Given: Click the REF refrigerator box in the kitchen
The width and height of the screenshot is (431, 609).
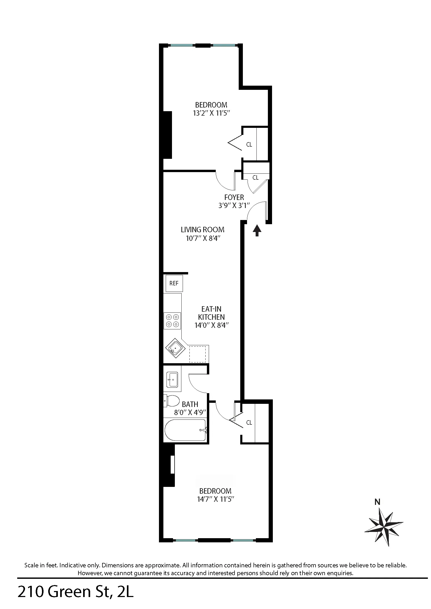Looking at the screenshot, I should click(174, 283).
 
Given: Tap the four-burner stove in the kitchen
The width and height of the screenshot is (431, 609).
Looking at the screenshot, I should click(172, 321).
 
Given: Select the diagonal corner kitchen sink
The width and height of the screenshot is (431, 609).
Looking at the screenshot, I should click(175, 348).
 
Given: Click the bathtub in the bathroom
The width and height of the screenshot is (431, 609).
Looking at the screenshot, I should click(185, 430).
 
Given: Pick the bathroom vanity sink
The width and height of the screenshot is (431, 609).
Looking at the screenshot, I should click(172, 380).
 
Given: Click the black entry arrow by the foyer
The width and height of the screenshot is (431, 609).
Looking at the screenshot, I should click(257, 230).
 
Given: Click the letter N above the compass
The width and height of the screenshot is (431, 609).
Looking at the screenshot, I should click(377, 502).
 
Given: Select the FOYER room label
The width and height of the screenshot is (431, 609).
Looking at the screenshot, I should click(234, 197).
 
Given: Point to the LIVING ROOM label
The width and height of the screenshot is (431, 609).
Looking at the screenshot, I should click(202, 230).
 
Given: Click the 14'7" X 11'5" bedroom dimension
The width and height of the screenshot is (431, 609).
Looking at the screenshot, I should click(215, 499).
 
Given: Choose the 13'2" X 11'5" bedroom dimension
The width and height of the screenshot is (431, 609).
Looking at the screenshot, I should click(211, 113).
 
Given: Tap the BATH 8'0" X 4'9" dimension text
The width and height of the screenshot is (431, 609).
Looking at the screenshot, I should click(190, 412).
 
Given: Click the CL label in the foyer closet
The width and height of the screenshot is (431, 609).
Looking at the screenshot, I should click(255, 178).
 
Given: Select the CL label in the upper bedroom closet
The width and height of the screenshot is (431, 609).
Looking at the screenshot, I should click(249, 145).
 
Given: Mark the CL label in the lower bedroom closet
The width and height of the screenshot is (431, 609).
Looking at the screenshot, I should click(249, 423).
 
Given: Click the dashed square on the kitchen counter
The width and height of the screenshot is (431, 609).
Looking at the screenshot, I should click(197, 354).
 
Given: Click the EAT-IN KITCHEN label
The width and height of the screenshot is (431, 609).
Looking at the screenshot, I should click(211, 313).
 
